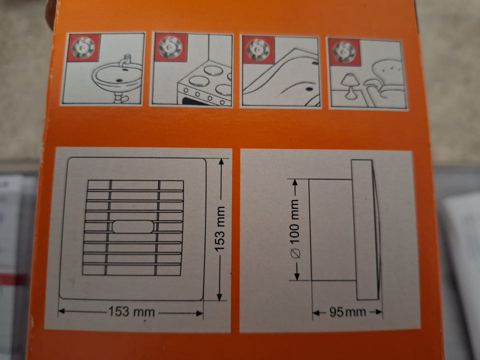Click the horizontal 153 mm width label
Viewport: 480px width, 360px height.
click(x=132, y=311)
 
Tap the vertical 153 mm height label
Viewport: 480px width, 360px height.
click(x=220, y=229)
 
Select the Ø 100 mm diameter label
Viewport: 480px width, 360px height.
click(x=295, y=228)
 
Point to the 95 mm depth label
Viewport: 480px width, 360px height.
click(x=347, y=312)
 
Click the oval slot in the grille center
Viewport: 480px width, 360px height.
click(x=133, y=227)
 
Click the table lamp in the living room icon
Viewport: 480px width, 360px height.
click(x=349, y=86)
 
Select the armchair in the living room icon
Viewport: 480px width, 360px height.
click(x=382, y=80)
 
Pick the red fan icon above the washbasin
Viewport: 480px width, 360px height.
click(x=83, y=47)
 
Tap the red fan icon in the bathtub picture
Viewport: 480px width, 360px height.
click(x=258, y=48)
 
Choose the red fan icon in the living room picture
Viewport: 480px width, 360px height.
click(x=344, y=51)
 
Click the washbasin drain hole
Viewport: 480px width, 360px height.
click(x=119, y=80)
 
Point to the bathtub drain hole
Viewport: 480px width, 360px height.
click(x=308, y=89)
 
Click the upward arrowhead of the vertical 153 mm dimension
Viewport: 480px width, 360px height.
click(x=221, y=162)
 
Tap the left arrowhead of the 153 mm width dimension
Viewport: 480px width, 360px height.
click(x=61, y=311)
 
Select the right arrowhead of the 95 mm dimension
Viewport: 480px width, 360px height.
click(x=379, y=312)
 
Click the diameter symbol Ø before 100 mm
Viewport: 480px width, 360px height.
click(x=295, y=253)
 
